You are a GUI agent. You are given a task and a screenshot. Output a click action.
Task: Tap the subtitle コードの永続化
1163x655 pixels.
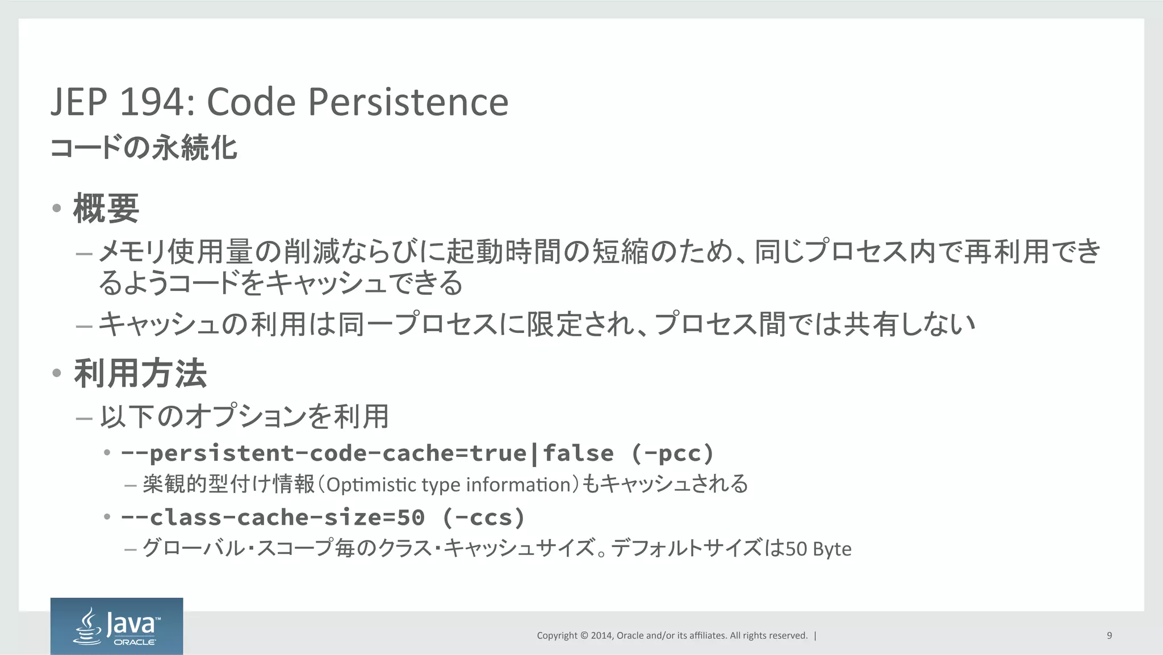pyautogui.click(x=144, y=148)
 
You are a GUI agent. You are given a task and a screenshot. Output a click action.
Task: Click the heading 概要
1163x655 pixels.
pyautogui.click(x=106, y=208)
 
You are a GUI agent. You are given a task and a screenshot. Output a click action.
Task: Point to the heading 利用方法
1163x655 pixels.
pyautogui.click(x=140, y=373)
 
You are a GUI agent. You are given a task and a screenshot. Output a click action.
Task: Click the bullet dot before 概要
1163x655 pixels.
pyautogui.click(x=56, y=208)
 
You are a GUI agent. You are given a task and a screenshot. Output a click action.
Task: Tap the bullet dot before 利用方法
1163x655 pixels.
pyautogui.click(x=56, y=373)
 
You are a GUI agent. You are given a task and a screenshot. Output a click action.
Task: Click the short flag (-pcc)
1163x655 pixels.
pyautogui.click(x=672, y=453)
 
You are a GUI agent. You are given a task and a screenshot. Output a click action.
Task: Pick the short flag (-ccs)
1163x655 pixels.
pyautogui.click(x=483, y=518)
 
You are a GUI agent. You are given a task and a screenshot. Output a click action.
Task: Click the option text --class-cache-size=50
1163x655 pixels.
pyautogui.click(x=273, y=518)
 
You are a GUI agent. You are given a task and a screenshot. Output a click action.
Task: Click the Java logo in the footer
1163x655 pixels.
pyautogui.click(x=117, y=626)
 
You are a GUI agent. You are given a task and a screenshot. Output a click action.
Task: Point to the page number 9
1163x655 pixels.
pyautogui.click(x=1109, y=635)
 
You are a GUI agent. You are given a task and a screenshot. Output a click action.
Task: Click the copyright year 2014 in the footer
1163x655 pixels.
pyautogui.click(x=601, y=636)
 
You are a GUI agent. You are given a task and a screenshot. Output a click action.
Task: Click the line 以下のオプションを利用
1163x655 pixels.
pyautogui.click(x=244, y=416)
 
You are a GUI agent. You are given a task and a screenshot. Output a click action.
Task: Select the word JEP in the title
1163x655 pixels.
pyautogui.click(x=78, y=102)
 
